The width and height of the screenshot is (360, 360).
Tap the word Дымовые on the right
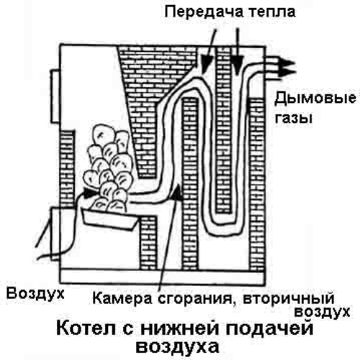point(315,99)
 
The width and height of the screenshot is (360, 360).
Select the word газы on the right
point(293,118)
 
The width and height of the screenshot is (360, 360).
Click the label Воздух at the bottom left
point(35,293)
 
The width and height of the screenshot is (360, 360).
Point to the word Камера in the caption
point(122,298)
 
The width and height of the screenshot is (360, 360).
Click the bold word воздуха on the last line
point(177,346)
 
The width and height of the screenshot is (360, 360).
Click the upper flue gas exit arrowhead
point(287,63)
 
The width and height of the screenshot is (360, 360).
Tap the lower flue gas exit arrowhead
point(287,73)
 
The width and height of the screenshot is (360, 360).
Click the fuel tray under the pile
point(109,219)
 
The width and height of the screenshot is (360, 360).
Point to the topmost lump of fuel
point(104,135)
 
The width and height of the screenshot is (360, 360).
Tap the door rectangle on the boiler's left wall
point(55,96)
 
